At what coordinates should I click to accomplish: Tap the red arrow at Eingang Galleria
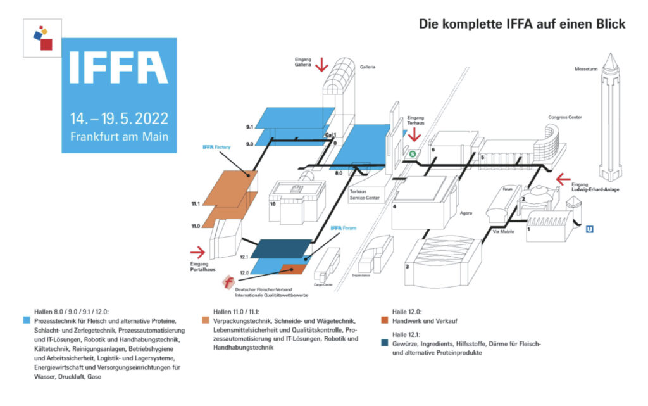pyautogui.click(x=321, y=64)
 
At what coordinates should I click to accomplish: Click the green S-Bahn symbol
pyautogui.click(x=413, y=153)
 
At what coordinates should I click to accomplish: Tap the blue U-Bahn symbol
pyautogui.click(x=589, y=229)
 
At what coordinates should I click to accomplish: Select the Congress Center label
pyautogui.click(x=566, y=117)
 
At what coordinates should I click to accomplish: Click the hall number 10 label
pyautogui.click(x=273, y=205)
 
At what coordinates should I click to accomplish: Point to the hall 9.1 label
pyautogui.click(x=250, y=127)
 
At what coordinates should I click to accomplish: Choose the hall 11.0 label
pyautogui.click(x=196, y=225)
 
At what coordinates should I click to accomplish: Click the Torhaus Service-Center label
pyautogui.click(x=364, y=194)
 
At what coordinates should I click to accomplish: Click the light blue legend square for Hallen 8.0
pyautogui.click(x=25, y=319)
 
